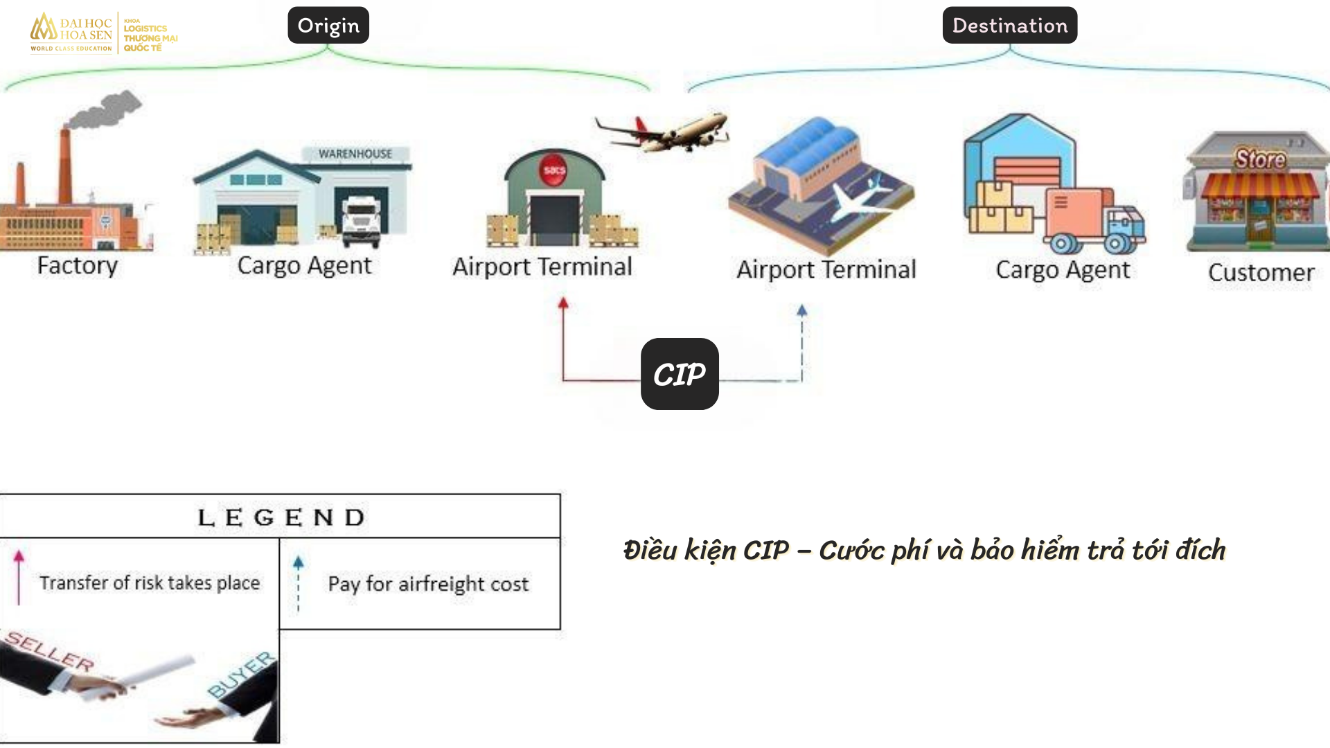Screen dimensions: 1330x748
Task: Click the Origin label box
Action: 328,25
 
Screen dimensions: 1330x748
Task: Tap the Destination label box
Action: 1010,25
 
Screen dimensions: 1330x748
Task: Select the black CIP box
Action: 680,374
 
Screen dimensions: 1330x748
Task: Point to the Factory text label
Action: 78,265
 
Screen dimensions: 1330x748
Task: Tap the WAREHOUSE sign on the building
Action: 355,154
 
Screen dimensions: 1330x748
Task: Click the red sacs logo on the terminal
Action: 554,170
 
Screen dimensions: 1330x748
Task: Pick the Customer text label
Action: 1261,272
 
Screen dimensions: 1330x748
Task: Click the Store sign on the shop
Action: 1261,159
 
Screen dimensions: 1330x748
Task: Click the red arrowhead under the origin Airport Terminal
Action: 563,303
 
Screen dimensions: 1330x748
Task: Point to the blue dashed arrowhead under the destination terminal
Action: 802,310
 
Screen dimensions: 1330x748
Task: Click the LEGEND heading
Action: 281,517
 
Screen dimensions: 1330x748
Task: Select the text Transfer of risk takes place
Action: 150,583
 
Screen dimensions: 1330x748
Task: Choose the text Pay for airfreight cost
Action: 428,584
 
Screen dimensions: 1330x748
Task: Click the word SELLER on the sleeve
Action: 50,652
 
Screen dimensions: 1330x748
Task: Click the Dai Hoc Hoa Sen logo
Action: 104,33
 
